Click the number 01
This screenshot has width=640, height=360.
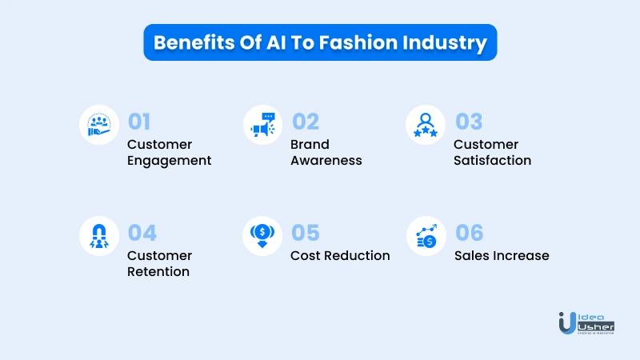[x=139, y=122]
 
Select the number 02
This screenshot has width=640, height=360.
[x=306, y=122]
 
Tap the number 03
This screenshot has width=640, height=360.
[x=469, y=122]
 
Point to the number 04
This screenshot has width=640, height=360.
[x=142, y=233]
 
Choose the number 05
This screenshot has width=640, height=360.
[x=306, y=233]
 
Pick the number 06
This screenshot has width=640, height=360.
[x=470, y=233]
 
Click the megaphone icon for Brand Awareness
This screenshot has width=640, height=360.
[x=263, y=125]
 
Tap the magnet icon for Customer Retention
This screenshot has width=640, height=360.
[x=99, y=236]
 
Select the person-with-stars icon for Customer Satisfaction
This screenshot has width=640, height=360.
[x=426, y=125]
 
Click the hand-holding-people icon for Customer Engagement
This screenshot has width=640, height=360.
[x=99, y=125]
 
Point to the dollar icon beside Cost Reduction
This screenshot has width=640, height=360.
[x=262, y=236]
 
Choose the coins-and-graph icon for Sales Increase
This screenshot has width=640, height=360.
[x=426, y=236]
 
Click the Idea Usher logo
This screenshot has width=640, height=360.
[x=586, y=323]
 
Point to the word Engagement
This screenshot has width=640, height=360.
[x=169, y=161]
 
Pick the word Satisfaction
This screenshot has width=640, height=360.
[x=492, y=161]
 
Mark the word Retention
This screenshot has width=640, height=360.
[x=158, y=271]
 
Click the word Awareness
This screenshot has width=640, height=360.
[x=326, y=161]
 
